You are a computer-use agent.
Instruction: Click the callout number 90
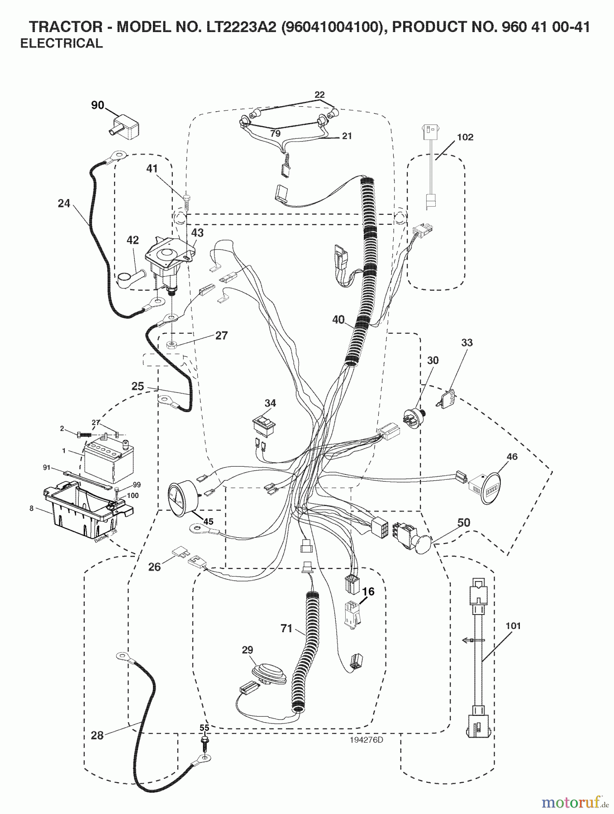click(x=97, y=105)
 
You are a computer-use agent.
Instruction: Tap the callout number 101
click(x=513, y=626)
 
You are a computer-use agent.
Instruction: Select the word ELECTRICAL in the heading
click(x=62, y=43)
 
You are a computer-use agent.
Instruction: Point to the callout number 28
click(x=97, y=736)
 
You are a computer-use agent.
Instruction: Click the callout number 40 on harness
click(x=338, y=319)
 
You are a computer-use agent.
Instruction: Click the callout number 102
click(x=465, y=137)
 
